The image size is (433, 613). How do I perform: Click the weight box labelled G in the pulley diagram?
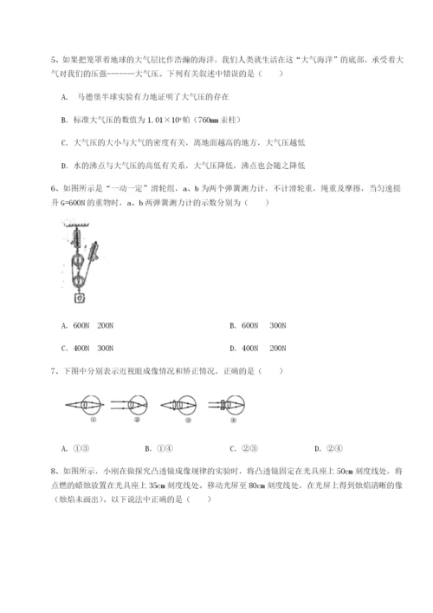coord(80,300)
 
